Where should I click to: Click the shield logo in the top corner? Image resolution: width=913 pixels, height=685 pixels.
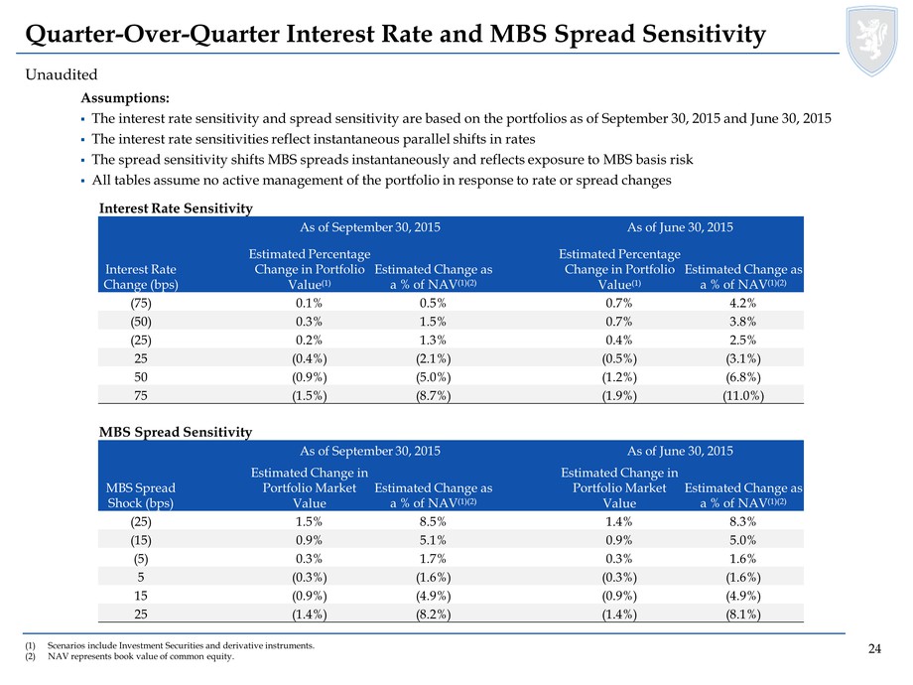[x=871, y=40]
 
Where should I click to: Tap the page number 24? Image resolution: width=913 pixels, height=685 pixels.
[x=874, y=649]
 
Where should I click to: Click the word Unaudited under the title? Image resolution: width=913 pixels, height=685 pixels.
[x=62, y=74]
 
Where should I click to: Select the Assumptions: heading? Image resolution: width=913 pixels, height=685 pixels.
[x=125, y=98]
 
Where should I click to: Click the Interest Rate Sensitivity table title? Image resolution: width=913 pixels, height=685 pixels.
[x=176, y=207]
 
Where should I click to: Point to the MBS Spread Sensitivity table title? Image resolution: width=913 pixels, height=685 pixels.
[x=176, y=432]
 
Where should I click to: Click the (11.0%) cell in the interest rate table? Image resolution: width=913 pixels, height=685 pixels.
[x=743, y=396]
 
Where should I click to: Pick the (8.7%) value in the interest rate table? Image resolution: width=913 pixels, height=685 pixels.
[x=434, y=396]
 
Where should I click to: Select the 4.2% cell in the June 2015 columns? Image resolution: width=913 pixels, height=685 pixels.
[x=743, y=303]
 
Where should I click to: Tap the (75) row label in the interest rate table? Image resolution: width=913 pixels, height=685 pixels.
[x=141, y=303]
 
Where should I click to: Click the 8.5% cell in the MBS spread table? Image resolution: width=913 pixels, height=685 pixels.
[x=434, y=521]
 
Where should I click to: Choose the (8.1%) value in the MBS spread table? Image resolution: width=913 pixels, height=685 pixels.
[x=743, y=615]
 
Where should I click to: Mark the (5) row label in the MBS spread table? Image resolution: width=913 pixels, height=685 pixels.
[x=141, y=559]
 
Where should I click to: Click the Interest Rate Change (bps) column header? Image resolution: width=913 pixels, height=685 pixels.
[x=141, y=277]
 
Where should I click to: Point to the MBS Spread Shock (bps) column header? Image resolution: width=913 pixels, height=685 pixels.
[x=141, y=495]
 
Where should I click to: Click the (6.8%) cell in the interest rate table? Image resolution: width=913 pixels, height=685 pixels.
[x=743, y=377]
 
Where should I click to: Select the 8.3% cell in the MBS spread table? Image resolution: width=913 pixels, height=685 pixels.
[x=743, y=521]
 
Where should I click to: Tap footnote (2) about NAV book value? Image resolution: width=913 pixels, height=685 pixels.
[x=129, y=656]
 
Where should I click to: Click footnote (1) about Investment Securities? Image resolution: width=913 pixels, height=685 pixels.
[x=170, y=645]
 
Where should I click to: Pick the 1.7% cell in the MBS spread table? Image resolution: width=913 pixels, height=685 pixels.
[x=434, y=559]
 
